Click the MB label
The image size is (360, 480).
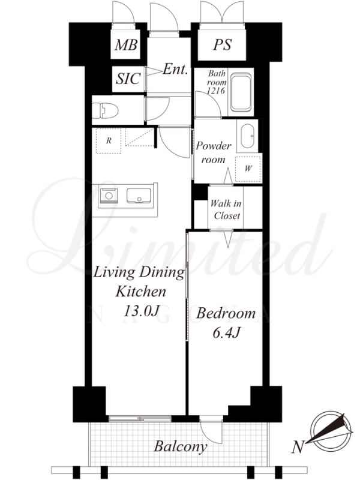126,45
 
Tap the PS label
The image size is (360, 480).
223,44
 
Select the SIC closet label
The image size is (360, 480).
128,79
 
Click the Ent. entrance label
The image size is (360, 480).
175,69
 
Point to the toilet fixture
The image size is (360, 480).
106,110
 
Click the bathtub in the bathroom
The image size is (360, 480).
241,92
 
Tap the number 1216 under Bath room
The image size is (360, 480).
215,91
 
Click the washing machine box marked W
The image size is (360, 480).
248,169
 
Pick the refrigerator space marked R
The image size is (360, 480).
109,141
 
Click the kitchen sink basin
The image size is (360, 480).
139,196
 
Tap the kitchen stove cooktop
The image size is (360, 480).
108,196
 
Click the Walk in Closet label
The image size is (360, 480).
226,209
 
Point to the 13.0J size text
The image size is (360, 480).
141,311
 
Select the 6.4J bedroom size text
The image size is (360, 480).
226,333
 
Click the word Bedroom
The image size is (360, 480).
226,313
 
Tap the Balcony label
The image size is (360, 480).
181,446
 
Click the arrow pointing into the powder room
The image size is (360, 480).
228,176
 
